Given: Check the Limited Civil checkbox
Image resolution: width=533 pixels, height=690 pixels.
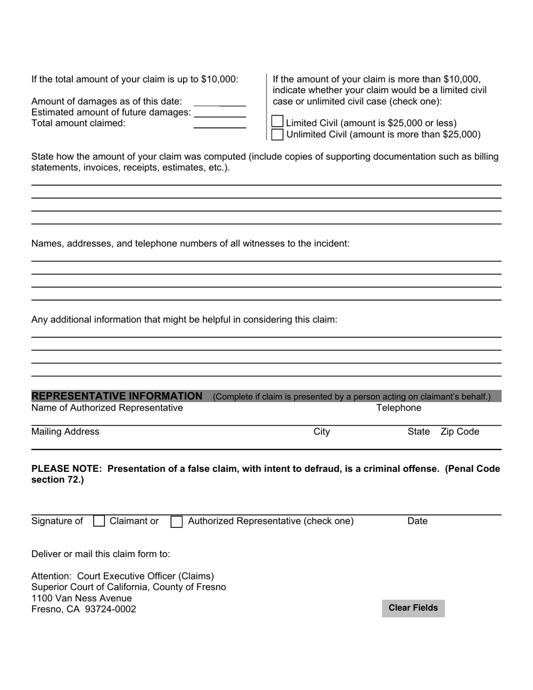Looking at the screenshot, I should [277, 122].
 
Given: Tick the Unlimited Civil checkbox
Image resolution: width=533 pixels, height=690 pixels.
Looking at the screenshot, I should [277, 135].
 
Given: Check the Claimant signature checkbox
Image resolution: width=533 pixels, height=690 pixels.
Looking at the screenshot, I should [99, 521].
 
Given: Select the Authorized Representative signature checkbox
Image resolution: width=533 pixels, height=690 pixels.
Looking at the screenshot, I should [176, 521].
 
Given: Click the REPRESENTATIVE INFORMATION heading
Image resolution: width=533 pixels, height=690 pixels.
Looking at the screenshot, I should [117, 396].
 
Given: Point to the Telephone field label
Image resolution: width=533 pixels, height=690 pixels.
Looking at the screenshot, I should [398, 408].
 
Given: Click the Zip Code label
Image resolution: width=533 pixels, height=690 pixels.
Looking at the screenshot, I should [460, 431].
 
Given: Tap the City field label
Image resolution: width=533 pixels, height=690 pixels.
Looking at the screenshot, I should [321, 431].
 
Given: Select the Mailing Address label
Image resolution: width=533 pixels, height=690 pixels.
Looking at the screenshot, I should [65, 431].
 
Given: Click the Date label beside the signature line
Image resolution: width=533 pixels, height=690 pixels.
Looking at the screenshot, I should [417, 521].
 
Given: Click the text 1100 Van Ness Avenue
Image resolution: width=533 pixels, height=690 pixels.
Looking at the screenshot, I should [81, 598].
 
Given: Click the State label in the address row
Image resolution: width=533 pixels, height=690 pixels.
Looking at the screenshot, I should [419, 431].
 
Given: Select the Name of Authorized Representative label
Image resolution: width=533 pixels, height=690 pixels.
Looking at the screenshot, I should [107, 408].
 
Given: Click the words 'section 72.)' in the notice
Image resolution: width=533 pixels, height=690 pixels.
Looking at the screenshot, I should [57, 480].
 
